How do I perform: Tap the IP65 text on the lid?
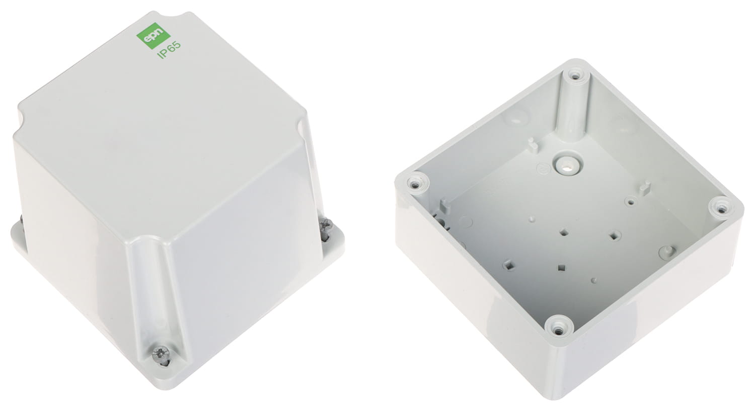click(x=169, y=52)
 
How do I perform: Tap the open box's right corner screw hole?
click(x=722, y=206)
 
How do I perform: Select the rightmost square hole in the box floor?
click(x=614, y=234)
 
